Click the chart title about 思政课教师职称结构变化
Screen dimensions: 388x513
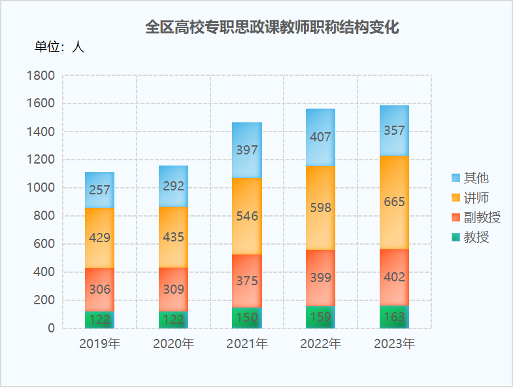click(271, 27)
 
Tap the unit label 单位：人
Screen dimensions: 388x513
click(59, 47)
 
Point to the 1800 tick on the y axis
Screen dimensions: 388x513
click(41, 76)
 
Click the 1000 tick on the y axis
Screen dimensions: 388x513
click(41, 188)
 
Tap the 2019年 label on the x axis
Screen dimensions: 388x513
click(100, 344)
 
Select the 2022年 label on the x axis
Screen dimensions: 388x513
click(321, 344)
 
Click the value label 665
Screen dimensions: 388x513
click(394, 202)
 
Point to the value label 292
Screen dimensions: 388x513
click(173, 186)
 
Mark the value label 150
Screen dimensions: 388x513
click(247, 318)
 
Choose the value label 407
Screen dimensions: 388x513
click(321, 137)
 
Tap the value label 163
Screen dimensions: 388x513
click(394, 317)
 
